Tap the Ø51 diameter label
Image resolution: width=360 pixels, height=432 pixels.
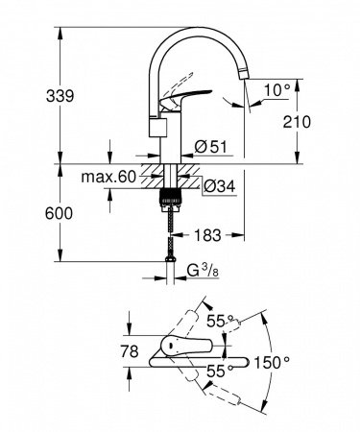pos(210,146)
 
